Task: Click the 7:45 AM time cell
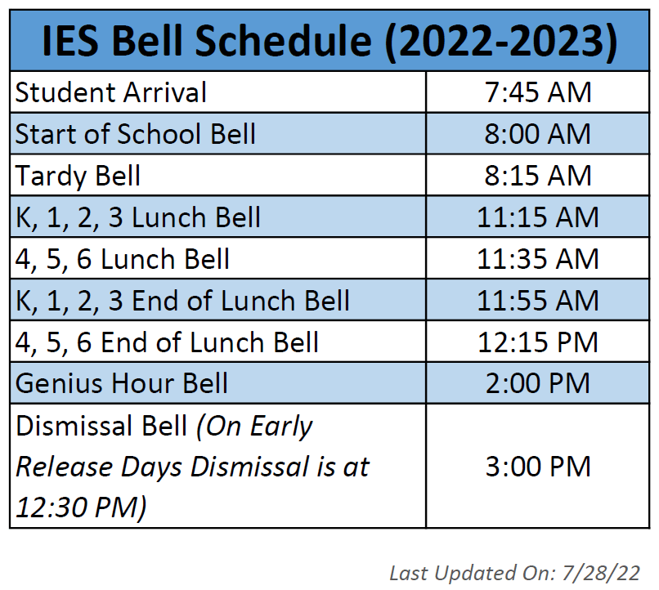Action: click(x=537, y=92)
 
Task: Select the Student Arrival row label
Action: click(x=111, y=92)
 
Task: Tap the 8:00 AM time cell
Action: click(x=537, y=134)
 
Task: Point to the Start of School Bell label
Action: click(x=136, y=134)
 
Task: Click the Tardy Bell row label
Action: click(x=78, y=176)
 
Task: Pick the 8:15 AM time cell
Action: click(x=537, y=176)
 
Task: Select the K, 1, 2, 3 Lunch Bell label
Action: click(x=138, y=217)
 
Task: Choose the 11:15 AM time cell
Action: click(x=537, y=217)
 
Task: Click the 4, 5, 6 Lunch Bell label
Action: click(x=123, y=259)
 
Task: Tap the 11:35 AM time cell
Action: click(x=537, y=259)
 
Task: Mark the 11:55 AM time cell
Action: click(x=537, y=301)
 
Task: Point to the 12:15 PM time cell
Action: click(x=537, y=342)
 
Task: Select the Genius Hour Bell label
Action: click(x=122, y=383)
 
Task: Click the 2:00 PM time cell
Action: click(x=537, y=383)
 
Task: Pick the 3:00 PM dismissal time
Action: click(x=537, y=467)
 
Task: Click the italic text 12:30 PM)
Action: click(x=82, y=507)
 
